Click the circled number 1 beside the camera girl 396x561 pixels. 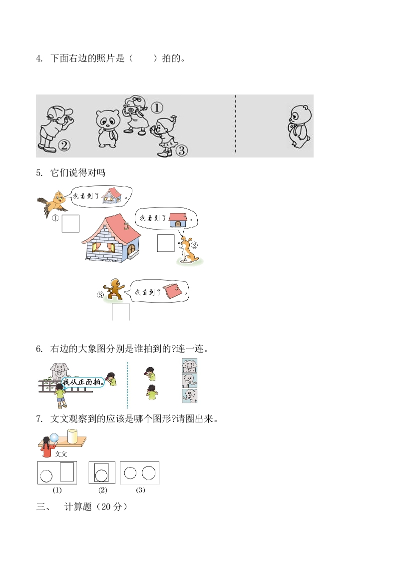(157, 107)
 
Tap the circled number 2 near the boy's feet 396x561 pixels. (64, 145)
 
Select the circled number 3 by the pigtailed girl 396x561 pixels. (182, 150)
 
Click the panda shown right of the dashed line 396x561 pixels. (300, 126)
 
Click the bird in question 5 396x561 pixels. (52, 203)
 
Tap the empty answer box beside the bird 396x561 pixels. (70, 223)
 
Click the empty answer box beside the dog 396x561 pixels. (165, 243)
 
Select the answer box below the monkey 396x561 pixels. (121, 312)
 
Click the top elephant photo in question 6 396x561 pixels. (189, 365)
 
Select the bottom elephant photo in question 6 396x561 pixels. (189, 395)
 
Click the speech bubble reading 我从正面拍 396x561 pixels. (83, 382)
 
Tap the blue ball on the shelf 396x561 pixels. (54, 437)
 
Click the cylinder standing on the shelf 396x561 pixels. (72, 436)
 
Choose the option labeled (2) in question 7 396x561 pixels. (102, 472)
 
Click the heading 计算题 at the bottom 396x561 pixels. (78, 506)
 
